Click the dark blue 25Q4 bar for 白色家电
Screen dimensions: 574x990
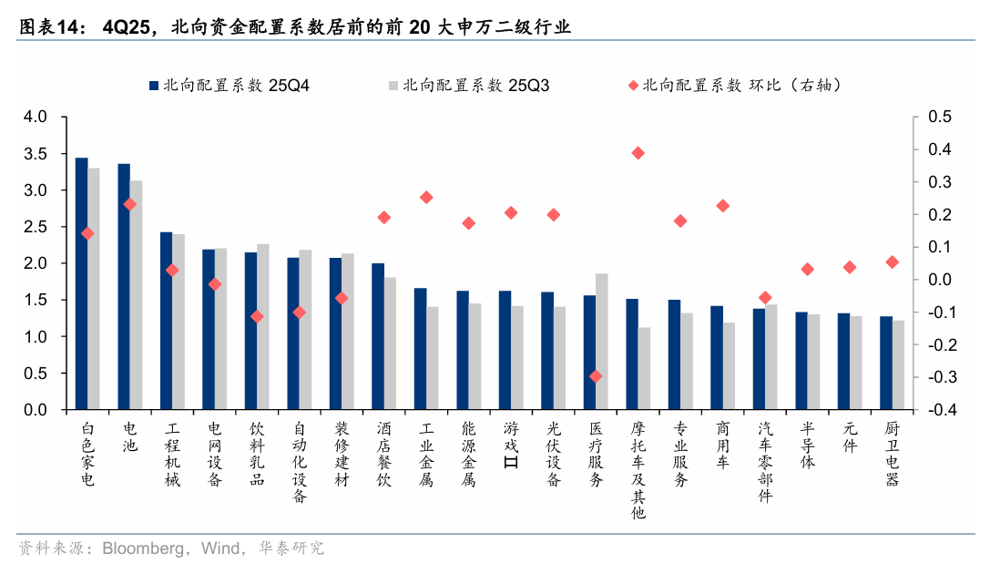coord(81,283)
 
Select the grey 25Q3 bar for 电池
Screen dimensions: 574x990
coord(137,295)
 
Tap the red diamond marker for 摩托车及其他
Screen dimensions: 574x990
coord(638,153)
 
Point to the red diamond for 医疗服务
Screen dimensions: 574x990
coord(596,376)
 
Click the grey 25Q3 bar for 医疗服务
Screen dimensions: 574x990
coord(602,342)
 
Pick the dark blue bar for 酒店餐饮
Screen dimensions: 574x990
coord(378,336)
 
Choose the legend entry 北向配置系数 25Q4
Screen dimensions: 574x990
coord(229,86)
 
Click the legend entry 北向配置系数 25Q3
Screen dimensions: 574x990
coord(468,86)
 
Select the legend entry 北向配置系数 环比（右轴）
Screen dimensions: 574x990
coord(734,86)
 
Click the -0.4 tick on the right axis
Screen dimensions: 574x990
coord(938,410)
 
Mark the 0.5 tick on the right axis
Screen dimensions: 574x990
coord(938,118)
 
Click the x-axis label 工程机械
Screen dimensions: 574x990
coord(172,453)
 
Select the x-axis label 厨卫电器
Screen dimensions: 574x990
coord(892,453)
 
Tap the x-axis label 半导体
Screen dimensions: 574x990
coord(807,445)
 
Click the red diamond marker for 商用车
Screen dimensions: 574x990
coord(722,206)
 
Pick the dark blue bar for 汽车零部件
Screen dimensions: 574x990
coord(759,359)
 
